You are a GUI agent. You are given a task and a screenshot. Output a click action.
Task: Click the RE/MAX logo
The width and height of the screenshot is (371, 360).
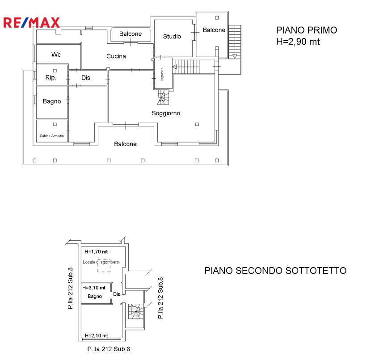[x=31, y=23]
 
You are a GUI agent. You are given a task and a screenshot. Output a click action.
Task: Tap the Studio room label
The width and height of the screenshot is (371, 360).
[x=172, y=36]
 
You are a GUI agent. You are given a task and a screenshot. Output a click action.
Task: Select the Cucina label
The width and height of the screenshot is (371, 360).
[x=116, y=56]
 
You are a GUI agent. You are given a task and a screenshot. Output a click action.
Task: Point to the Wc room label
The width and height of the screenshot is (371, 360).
[x=56, y=54]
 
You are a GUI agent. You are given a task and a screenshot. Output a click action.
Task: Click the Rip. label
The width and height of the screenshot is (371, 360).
[x=51, y=77]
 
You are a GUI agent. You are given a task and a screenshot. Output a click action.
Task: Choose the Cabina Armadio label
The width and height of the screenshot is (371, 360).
[x=52, y=136]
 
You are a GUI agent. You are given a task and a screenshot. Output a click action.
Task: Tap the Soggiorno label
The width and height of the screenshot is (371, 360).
[x=166, y=113]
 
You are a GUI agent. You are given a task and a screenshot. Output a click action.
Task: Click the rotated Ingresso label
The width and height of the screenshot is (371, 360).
[x=162, y=74]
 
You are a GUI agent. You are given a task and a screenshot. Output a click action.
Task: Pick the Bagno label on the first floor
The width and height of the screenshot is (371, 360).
[x=52, y=101]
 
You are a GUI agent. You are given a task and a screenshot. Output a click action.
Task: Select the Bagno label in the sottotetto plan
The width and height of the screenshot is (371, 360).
[x=95, y=297]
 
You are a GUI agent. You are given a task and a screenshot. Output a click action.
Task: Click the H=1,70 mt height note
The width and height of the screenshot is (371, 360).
[x=96, y=252]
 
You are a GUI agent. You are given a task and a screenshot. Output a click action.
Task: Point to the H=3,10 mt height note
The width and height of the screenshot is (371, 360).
[x=94, y=288]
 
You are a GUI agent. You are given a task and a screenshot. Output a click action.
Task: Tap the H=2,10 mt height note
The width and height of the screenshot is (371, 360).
[x=96, y=335]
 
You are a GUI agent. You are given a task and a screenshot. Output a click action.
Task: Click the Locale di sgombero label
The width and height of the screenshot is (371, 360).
[x=101, y=262]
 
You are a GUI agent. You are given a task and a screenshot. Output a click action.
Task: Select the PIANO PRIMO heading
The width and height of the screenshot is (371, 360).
[x=307, y=30]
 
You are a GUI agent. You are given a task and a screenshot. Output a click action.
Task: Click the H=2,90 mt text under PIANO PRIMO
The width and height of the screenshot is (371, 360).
[x=298, y=42]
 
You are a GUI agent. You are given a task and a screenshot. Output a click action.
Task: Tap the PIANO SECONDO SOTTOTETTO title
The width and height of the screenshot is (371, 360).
[x=275, y=271]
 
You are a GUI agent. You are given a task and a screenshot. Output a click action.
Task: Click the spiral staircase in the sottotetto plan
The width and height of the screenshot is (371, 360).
[x=136, y=312]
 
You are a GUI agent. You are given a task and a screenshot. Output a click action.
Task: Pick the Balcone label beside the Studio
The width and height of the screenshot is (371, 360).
[x=214, y=30]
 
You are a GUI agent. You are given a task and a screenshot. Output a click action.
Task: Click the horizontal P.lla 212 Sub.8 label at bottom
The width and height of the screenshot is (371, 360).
[x=109, y=349]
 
